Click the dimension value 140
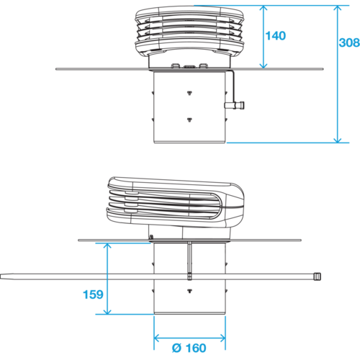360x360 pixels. [276, 36]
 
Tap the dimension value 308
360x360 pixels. [349, 42]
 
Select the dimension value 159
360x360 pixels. [93, 294]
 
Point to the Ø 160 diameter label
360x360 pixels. [189, 348]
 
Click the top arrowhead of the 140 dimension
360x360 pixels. [264, 8]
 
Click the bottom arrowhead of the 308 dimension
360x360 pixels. [338, 140]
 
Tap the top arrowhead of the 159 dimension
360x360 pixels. [107, 246]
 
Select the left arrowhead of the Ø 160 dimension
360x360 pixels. [156, 338]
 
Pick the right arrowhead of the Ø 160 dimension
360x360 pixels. [222, 338]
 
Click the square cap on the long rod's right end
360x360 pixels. [318, 276]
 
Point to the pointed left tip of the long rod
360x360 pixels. [1, 276]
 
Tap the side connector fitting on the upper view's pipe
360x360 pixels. [235, 105]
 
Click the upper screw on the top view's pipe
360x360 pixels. [189, 93]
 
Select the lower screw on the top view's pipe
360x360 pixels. [189, 120]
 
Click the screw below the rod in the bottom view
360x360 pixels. [189, 291]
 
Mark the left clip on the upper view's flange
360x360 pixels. [175, 66]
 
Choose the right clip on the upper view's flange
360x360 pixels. [203, 66]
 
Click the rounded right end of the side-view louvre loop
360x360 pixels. [222, 206]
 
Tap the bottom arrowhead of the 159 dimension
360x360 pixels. [107, 311]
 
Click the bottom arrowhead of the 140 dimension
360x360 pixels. [264, 66]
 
